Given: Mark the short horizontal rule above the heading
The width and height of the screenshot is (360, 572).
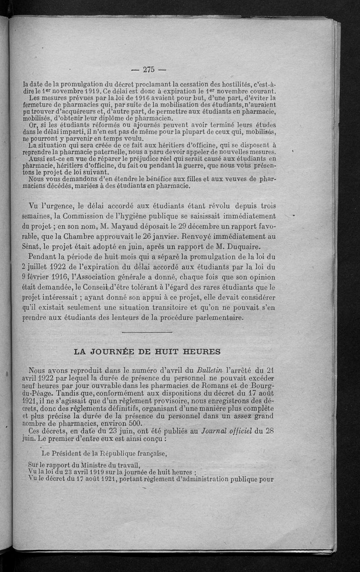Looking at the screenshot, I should tap(147, 332).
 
